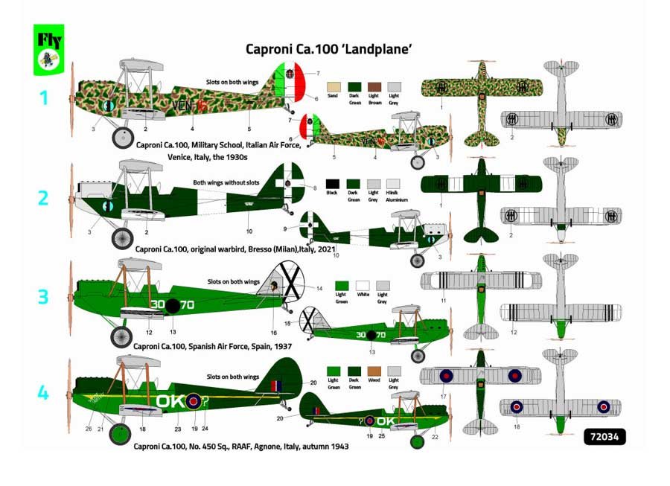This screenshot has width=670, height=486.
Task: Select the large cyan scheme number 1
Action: point(43,97)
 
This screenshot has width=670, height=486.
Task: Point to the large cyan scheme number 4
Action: point(43,391)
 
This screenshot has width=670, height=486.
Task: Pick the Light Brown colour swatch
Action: point(374,86)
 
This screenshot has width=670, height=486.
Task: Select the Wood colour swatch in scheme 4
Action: point(374,370)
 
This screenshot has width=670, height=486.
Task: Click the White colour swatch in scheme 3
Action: point(363,285)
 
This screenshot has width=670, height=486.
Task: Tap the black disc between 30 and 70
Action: point(173,305)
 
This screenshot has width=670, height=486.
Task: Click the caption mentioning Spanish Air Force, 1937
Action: point(212,347)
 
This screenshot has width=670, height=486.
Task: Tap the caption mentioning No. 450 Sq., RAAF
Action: point(240,447)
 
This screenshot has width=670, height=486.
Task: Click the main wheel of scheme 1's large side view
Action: point(122,138)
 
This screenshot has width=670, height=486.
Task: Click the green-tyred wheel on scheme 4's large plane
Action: point(119,433)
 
